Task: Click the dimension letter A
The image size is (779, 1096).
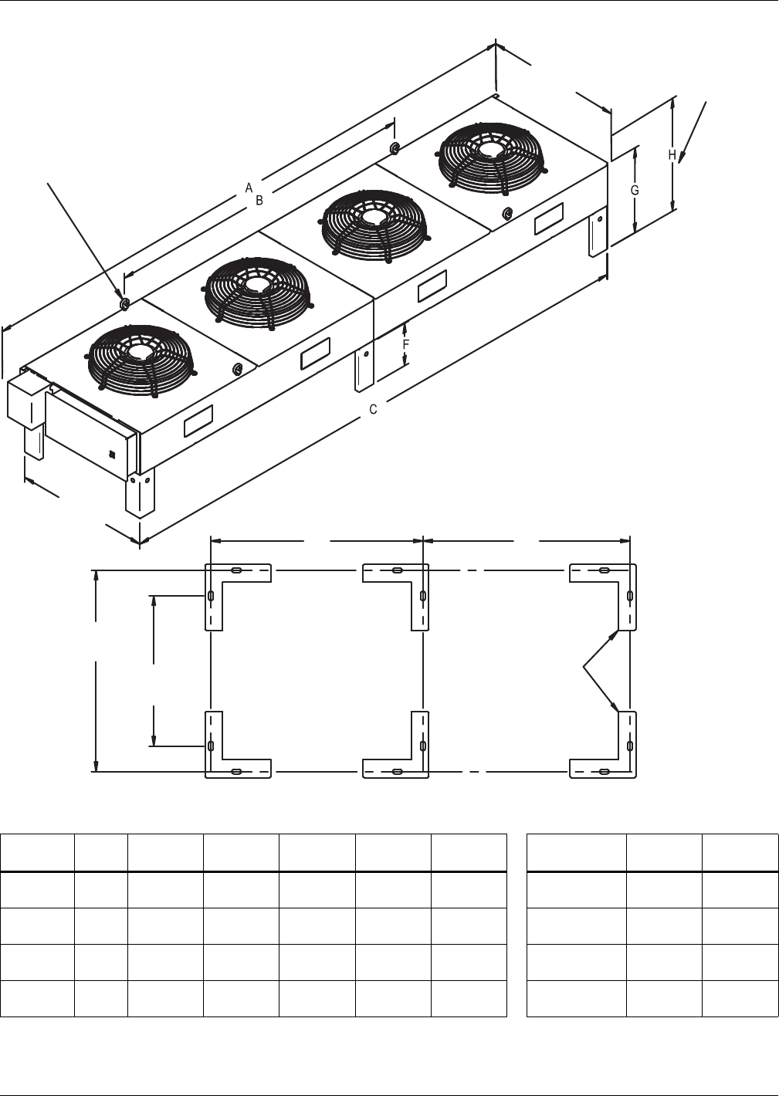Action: pos(249,187)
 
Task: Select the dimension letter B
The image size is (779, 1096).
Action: pos(259,200)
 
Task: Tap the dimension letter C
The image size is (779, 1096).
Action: pos(373,409)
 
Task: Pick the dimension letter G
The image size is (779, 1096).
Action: pos(635,190)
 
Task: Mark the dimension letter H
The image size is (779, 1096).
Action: pos(672,155)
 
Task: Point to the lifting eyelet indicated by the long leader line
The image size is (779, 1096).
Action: pos(124,303)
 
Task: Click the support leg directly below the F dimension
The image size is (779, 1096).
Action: pos(364,370)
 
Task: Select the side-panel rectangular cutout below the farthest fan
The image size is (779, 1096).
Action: pos(549,219)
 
